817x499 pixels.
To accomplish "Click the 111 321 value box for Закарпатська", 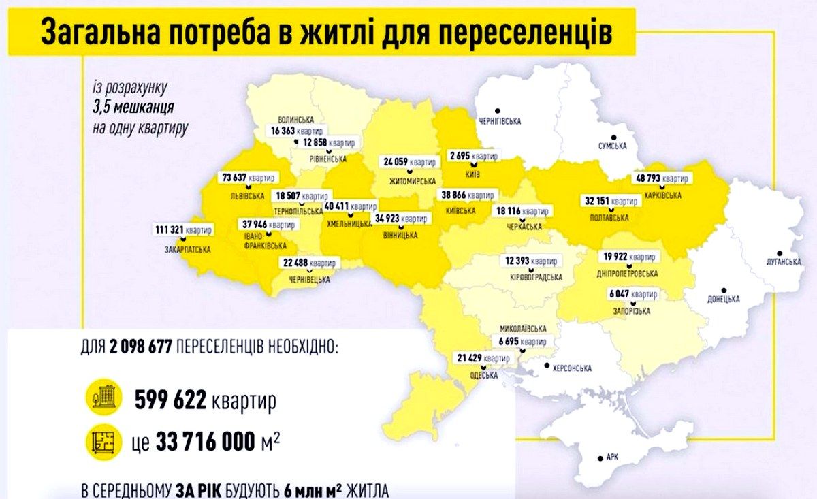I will click(x=182, y=229).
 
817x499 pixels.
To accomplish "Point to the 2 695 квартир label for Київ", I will click(x=474, y=155).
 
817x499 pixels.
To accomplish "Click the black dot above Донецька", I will click(x=723, y=289).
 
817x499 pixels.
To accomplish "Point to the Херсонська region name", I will click(x=571, y=368).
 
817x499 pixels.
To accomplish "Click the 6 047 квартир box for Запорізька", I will click(x=633, y=294).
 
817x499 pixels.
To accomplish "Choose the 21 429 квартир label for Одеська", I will click(x=484, y=358).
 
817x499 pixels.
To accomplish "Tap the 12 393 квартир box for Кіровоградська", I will click(x=533, y=261).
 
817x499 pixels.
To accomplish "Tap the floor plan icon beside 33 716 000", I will click(x=103, y=442).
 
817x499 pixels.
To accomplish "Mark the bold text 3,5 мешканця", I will click(x=134, y=108).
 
